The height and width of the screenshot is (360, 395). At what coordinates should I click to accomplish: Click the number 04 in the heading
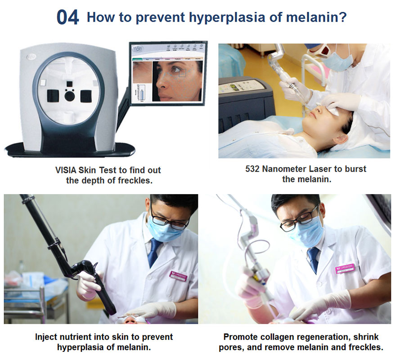[x=68, y=18]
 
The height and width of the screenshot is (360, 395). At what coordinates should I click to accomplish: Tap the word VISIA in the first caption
[x=66, y=170]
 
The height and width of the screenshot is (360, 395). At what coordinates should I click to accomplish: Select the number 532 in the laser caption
[x=252, y=169]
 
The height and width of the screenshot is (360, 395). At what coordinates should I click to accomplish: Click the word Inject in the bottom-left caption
[x=46, y=337]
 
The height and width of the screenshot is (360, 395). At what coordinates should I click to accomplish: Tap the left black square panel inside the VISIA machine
[x=53, y=96]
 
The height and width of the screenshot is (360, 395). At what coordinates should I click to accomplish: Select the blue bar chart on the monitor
[x=143, y=93]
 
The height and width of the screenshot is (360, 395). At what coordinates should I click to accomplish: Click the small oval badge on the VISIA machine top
[x=30, y=58]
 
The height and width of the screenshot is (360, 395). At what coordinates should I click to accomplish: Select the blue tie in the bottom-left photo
[x=154, y=252]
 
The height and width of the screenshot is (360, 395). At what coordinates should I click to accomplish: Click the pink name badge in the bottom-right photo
[x=345, y=269]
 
